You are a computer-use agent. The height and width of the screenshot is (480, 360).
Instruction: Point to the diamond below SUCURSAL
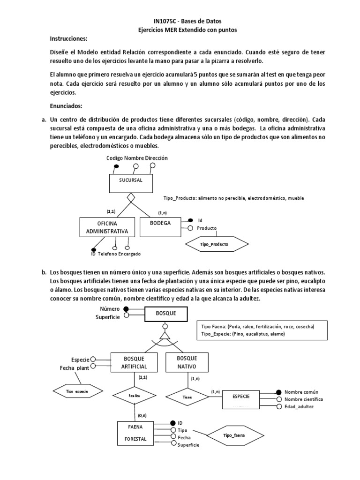tap(132, 197)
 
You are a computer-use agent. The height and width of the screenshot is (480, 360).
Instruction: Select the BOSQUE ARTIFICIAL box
tap(134, 361)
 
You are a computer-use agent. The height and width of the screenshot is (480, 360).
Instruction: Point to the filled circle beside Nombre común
tap(279, 391)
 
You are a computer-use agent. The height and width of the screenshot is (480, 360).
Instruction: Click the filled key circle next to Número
tap(125, 309)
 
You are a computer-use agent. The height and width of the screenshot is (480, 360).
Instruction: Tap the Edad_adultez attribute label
tap(299, 406)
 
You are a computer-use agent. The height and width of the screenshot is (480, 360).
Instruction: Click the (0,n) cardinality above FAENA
tap(142, 415)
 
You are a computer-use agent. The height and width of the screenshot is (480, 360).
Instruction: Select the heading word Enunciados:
tap(70, 106)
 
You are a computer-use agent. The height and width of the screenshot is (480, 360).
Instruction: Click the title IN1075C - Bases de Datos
tap(182, 21)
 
